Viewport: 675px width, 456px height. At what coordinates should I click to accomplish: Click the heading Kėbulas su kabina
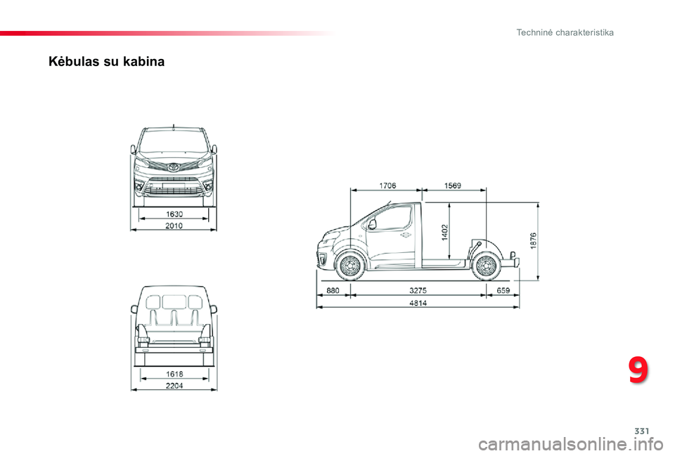106,62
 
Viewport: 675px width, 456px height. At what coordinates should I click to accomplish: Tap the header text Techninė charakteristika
565,32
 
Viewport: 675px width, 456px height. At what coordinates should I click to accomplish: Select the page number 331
641,431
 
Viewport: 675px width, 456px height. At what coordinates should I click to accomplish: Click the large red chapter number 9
638,371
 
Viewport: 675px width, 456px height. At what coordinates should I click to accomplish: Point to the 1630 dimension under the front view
174,214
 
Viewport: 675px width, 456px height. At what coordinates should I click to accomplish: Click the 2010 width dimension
174,226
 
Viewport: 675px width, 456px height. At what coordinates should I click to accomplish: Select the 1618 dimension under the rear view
174,374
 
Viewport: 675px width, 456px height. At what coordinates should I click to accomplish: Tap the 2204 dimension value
174,386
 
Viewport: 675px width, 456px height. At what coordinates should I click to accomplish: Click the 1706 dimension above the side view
387,185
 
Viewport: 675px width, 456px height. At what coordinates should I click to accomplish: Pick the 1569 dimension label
452,185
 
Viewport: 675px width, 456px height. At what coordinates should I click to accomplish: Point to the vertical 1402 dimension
445,231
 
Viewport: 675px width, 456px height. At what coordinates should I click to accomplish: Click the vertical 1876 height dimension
534,240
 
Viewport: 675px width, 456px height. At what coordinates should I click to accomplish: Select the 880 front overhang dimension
333,290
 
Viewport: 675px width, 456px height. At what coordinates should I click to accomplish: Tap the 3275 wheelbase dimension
418,290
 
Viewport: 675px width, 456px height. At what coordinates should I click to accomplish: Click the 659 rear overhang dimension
503,290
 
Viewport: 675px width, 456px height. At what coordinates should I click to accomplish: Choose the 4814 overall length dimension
418,303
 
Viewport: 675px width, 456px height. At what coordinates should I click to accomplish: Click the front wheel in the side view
350,266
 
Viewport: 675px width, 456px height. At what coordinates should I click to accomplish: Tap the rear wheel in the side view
486,266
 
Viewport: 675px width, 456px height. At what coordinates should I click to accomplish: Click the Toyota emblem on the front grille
174,167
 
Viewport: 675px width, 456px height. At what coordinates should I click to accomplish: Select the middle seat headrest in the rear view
174,301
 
